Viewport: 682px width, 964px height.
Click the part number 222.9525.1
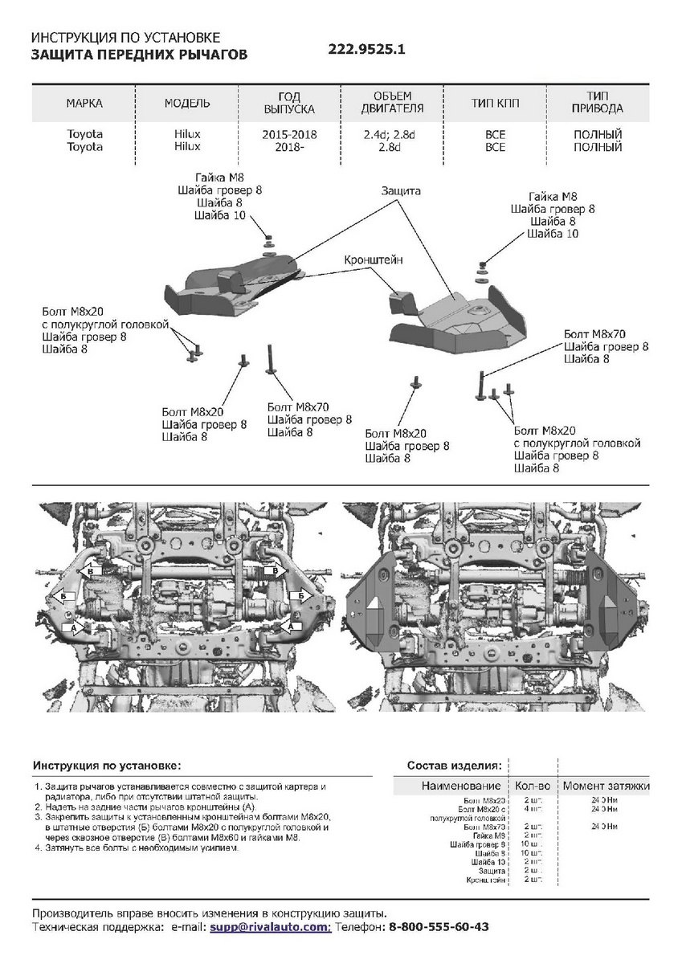coord(367,48)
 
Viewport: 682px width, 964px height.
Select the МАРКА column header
coord(84,104)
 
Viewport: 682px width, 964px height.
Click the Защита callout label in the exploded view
coord(401,192)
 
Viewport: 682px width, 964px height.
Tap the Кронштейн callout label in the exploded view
coord(374,260)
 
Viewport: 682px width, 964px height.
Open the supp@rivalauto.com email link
coord(270,926)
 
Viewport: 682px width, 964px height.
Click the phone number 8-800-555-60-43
coord(439,926)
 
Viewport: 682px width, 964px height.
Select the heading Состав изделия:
coord(455,765)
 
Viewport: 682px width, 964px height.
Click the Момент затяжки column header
coord(606,786)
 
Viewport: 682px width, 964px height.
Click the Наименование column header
coord(461,786)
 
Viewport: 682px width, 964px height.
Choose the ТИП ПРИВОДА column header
coord(598,104)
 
